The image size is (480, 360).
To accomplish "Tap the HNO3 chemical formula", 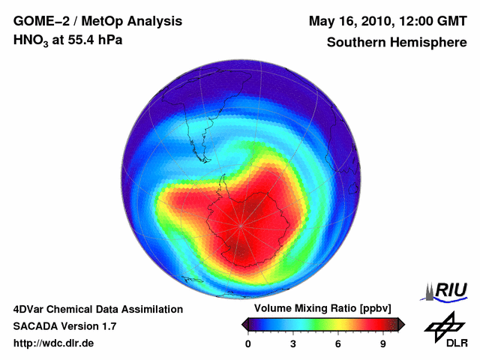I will (x=31, y=40).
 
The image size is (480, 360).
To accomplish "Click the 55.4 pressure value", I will (x=76, y=39).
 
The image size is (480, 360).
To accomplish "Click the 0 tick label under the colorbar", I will (x=248, y=344).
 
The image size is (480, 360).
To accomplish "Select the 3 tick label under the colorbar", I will (x=293, y=344).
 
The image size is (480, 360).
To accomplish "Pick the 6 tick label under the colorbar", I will (x=338, y=344).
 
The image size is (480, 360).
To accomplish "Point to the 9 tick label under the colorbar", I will (x=383, y=344).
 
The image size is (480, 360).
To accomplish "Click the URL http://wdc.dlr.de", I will (x=54, y=343).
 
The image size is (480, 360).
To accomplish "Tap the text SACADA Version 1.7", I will (x=64, y=326).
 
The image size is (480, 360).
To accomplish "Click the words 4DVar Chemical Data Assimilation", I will (x=97, y=309).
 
